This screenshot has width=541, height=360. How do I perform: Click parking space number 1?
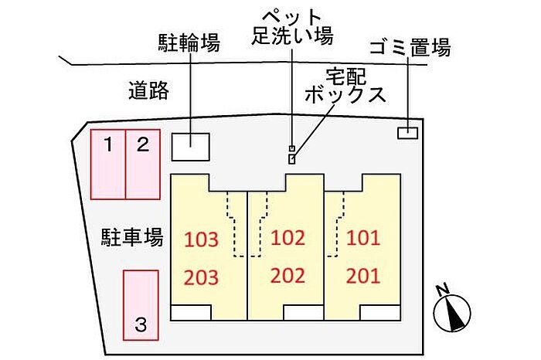108,165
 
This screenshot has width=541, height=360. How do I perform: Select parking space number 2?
143,165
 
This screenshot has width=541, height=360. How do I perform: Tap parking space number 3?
141,305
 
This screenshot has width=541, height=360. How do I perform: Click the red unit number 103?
202,239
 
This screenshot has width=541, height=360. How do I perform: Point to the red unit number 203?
202,277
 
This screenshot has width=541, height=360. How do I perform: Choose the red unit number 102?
288,238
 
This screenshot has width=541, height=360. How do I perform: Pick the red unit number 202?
288,276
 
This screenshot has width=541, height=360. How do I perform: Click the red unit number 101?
363,238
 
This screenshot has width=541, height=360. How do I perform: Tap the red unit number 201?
363,276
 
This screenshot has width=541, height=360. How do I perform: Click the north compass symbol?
451,311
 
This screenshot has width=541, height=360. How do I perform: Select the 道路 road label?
149,90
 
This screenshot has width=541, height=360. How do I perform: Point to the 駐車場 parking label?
132,237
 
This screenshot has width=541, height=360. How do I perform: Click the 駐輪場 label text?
189,42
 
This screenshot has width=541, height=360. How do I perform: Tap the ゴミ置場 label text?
410,47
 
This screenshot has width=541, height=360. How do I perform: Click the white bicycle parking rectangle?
191,147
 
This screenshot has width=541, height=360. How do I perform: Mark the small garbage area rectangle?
408,133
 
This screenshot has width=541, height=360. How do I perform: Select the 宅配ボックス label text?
345,86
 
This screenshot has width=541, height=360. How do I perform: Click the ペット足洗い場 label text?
293,26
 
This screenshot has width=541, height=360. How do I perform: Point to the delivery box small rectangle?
292,159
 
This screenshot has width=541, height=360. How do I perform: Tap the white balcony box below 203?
191,313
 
